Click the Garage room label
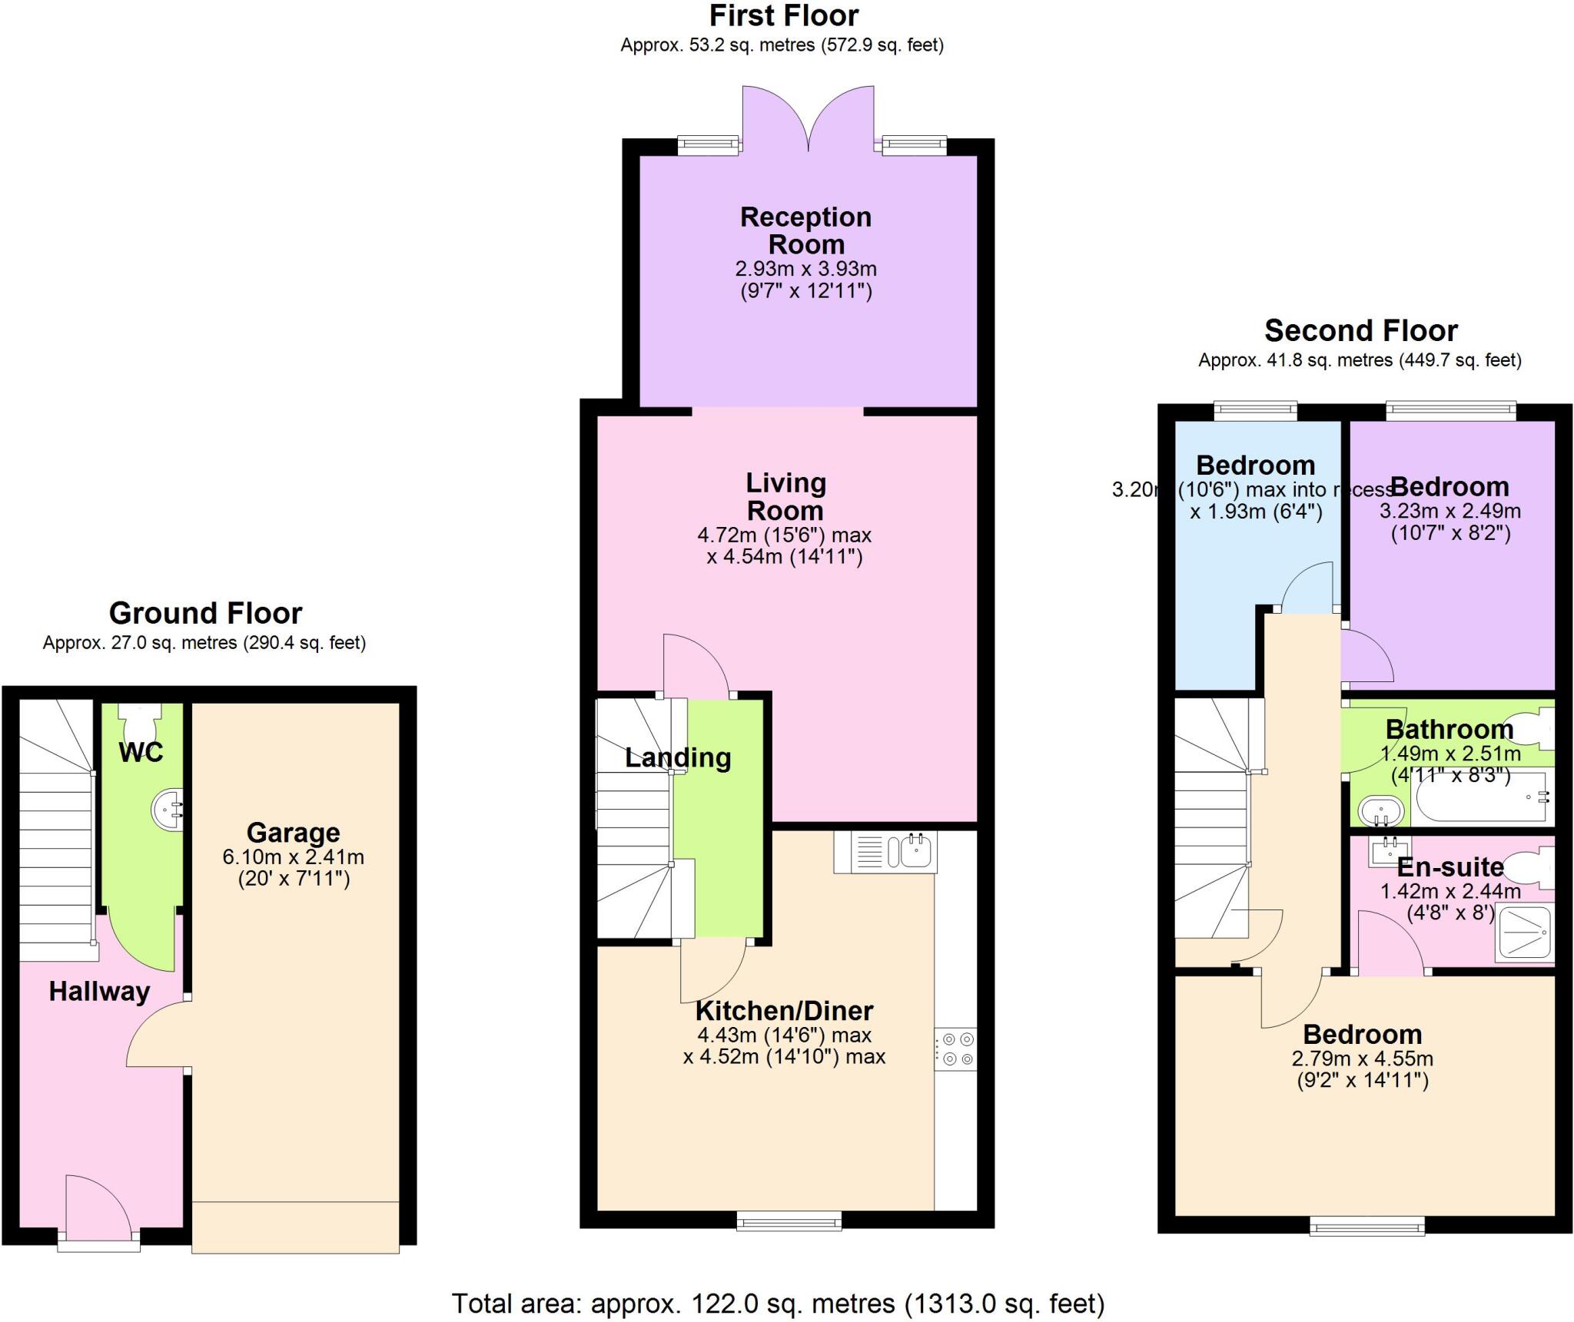point(293,833)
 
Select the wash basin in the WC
point(168,810)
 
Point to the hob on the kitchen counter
point(956,1049)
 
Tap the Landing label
point(677,758)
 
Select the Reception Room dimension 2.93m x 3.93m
point(805,269)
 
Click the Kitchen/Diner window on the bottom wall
point(789,1221)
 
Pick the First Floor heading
point(783,15)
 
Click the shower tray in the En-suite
point(1524,933)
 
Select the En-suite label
point(1449,866)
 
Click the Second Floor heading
point(1360,330)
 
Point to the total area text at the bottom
point(778,1303)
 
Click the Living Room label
point(785,496)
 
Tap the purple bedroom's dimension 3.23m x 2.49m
point(1449,511)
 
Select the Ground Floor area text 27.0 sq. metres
point(204,643)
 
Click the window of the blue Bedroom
point(1255,412)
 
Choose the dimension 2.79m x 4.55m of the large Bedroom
point(1362,1059)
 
